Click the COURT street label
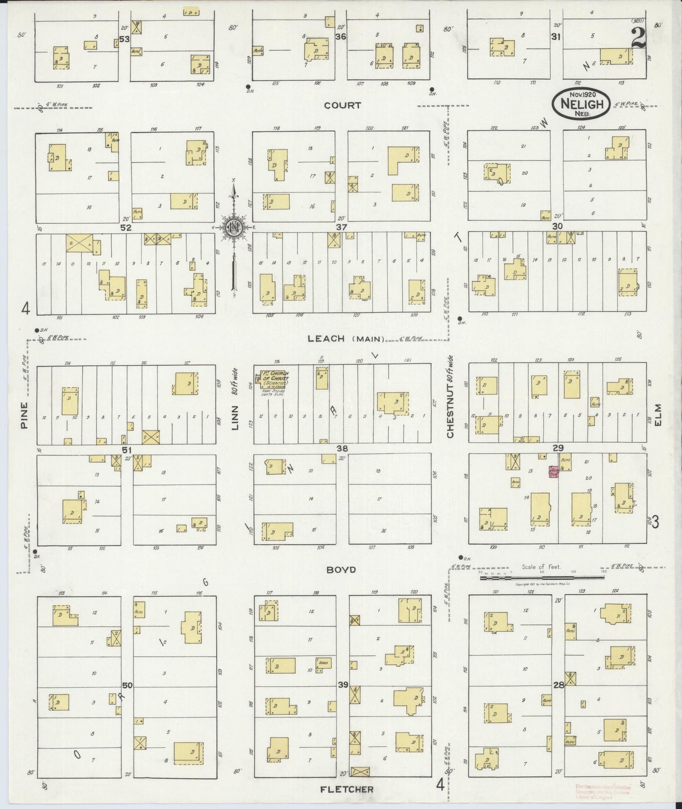[342, 105]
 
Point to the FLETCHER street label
[347, 789]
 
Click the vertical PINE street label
[24, 415]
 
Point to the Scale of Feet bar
[543, 577]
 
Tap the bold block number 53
[124, 39]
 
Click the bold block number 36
[341, 37]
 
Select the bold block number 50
[126, 685]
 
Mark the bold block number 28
[558, 684]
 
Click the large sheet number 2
[638, 37]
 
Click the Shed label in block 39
[323, 663]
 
